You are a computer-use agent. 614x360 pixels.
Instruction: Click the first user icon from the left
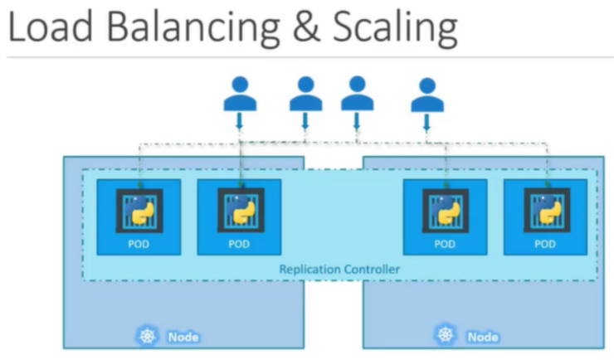click(x=240, y=95)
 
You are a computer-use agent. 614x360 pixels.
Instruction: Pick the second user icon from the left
click(x=305, y=95)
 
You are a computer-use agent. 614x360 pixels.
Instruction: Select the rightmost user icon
click(x=427, y=95)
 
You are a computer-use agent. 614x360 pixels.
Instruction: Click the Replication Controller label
click(x=339, y=269)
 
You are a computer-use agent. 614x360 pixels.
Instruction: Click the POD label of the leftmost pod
click(x=139, y=244)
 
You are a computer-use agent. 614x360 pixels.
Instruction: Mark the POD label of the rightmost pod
click(x=545, y=244)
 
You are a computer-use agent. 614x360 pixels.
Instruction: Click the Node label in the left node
click(x=183, y=337)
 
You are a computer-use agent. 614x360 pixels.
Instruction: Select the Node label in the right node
click(x=482, y=337)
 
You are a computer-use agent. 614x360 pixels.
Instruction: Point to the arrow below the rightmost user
click(x=427, y=122)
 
